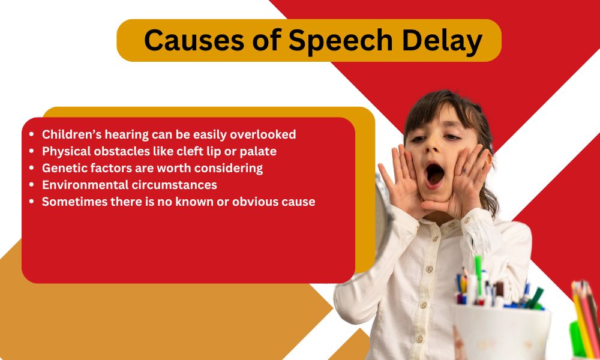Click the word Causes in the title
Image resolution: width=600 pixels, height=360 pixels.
[194, 40]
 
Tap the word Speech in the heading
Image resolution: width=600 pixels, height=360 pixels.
[341, 41]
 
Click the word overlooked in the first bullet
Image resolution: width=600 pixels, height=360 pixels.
[263, 134]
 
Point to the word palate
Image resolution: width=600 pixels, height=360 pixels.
[258, 152]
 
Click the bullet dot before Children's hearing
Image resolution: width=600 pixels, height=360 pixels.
[32, 134]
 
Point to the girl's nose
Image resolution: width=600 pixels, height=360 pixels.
[434, 148]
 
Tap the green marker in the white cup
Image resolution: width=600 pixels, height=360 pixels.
[478, 274]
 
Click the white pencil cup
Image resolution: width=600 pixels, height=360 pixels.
[501, 331]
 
